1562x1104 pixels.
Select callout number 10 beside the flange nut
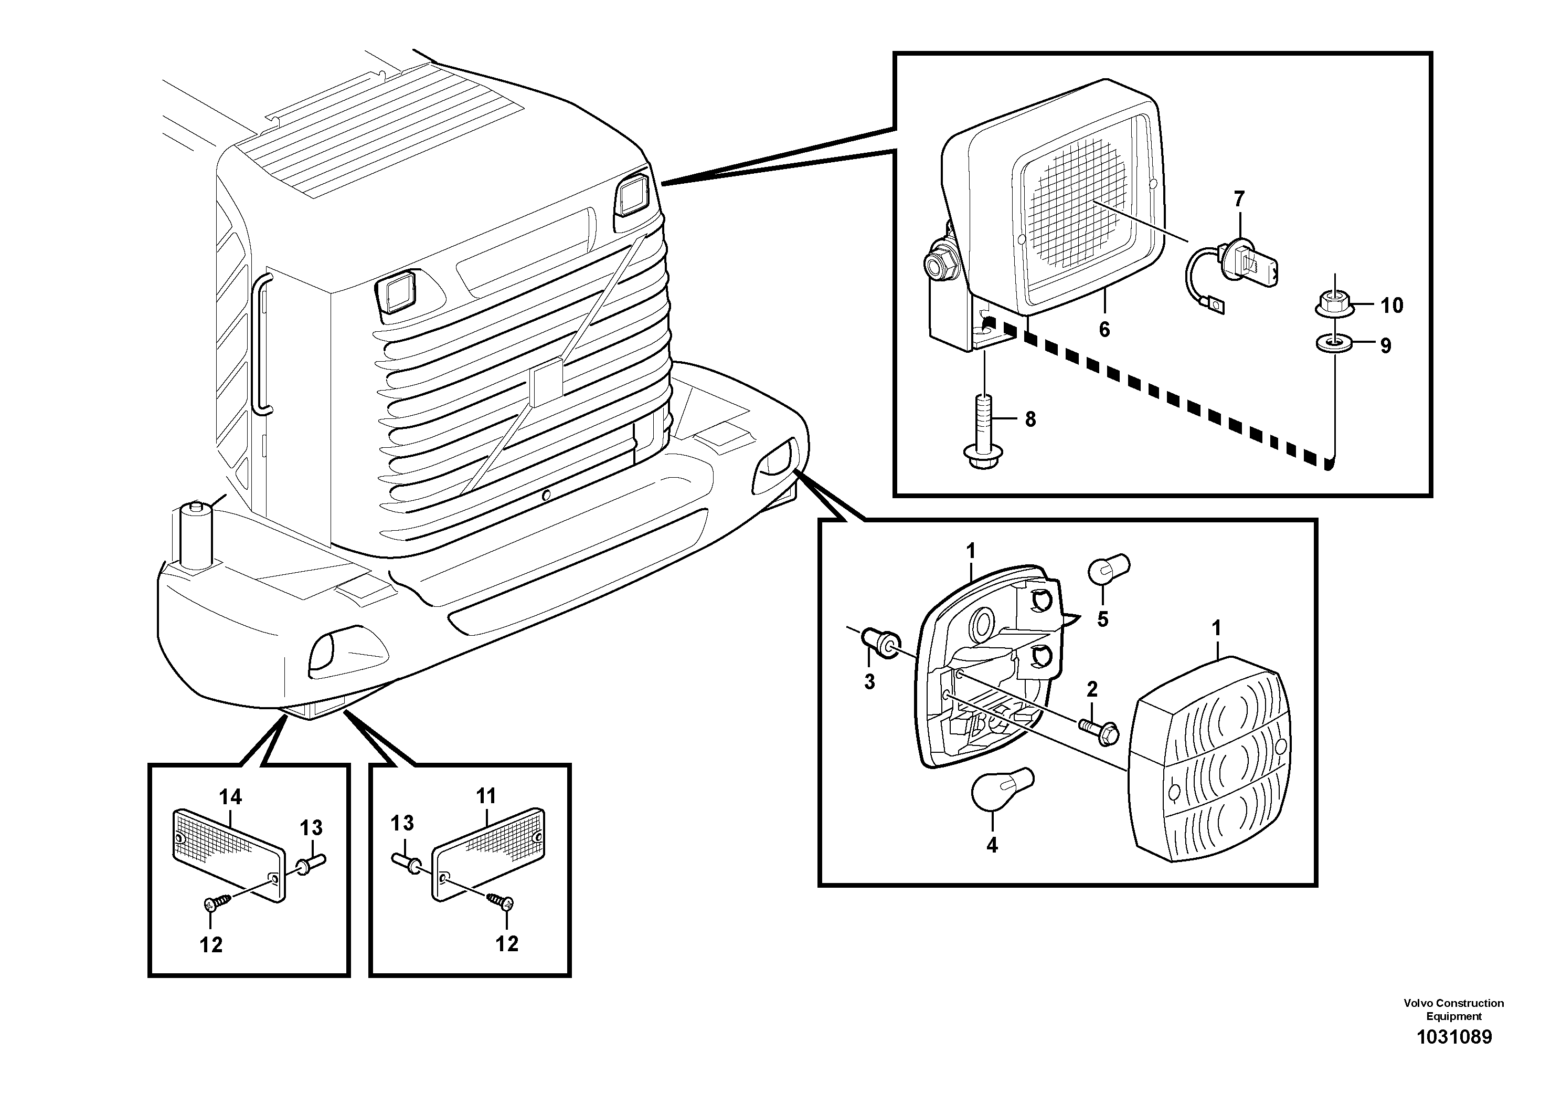pos(1392,306)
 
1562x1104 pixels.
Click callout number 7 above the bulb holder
pos(1239,199)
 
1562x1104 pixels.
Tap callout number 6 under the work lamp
pos(1104,330)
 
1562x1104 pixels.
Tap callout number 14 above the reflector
pos(231,796)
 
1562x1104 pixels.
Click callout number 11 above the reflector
pos(486,795)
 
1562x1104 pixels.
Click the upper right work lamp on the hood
pos(635,195)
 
